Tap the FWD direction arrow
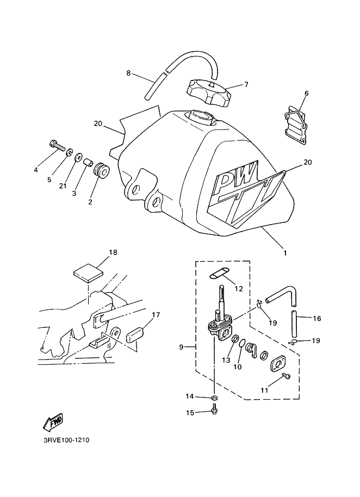[53, 423]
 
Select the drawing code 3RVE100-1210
[66, 440]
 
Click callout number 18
[113, 252]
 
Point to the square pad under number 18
[89, 274]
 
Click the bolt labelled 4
[57, 146]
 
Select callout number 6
[306, 93]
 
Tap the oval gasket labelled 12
[219, 273]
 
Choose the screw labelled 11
[287, 376]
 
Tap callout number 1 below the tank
[285, 253]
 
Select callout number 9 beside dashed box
[181, 347]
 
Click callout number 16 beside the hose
[317, 319]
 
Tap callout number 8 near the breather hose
[128, 73]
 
